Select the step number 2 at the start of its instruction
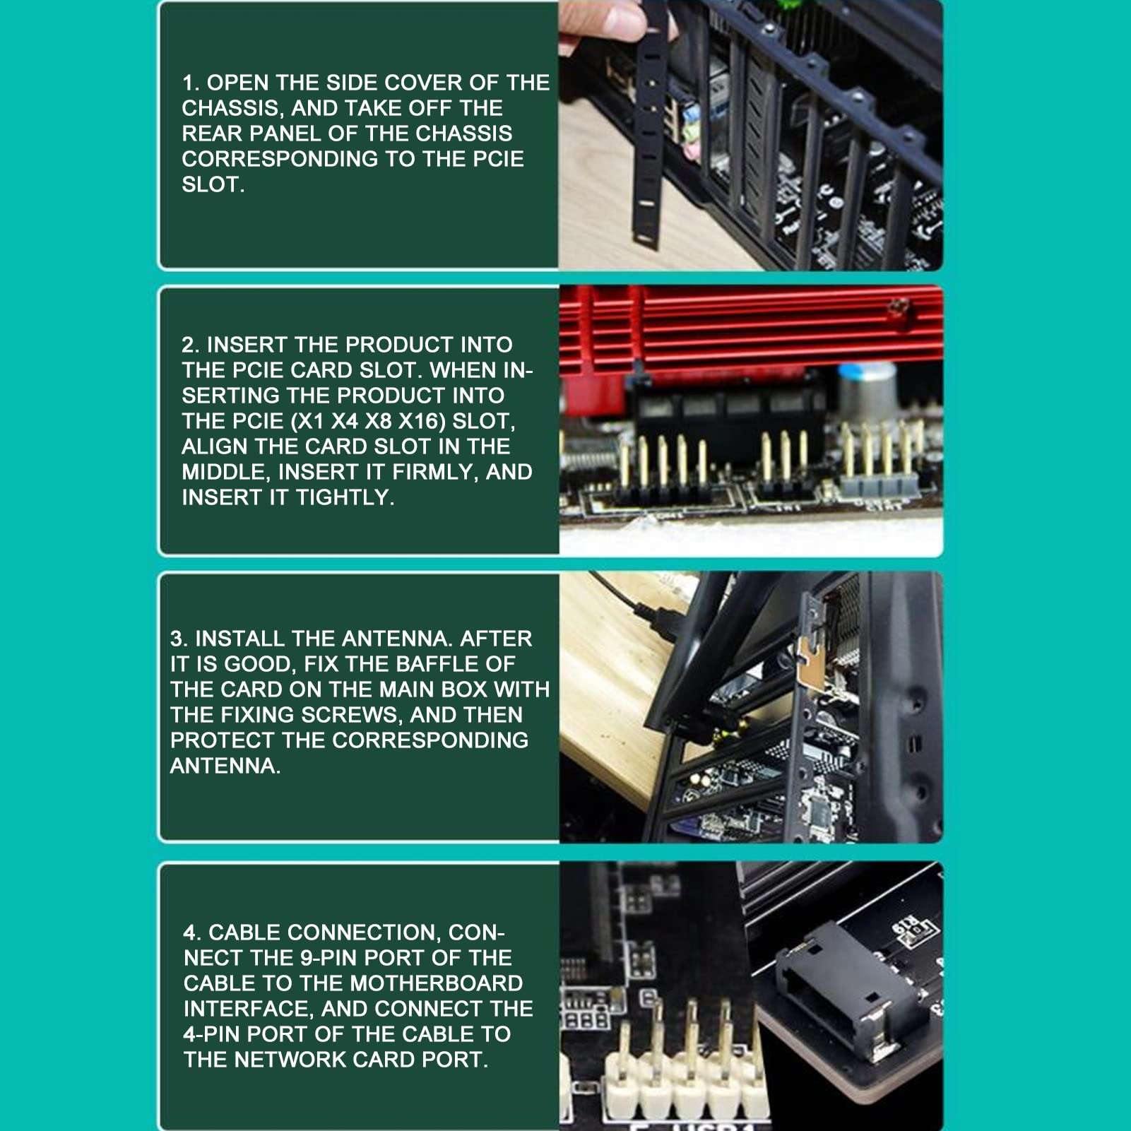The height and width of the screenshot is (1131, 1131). point(190,345)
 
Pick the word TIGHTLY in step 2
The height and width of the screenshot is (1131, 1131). point(345,497)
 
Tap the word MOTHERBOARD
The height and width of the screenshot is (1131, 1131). point(437,983)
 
